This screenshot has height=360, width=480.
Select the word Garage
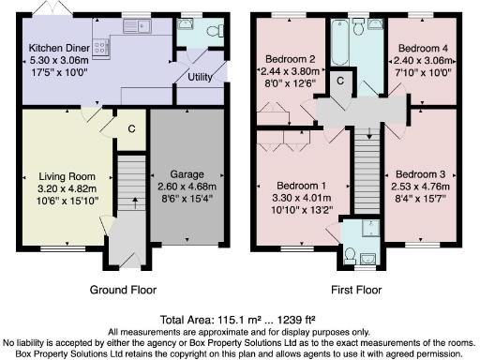pyautogui.click(x=187, y=174)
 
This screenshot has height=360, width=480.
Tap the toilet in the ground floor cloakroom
pyautogui.click(x=211, y=31)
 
